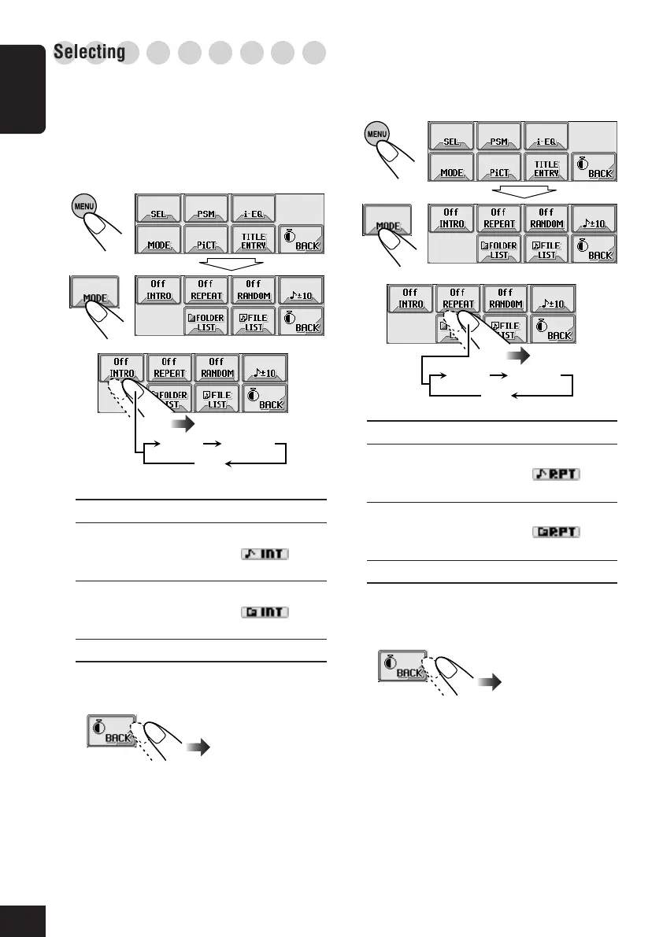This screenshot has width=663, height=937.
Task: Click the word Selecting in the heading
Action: tap(90, 53)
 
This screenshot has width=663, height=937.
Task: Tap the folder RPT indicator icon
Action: tap(555, 532)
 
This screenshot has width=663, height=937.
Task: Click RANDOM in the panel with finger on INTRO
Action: tap(217, 367)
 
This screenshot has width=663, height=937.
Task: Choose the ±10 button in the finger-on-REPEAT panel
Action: tap(554, 298)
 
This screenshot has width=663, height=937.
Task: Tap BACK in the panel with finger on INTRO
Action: tap(265, 397)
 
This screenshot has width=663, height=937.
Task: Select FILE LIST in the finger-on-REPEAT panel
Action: tap(506, 329)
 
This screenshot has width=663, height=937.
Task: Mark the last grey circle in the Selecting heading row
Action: tap(315, 53)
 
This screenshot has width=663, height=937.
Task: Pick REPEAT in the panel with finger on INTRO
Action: tap(169, 367)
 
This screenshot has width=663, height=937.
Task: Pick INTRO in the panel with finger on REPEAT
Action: tap(409, 298)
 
